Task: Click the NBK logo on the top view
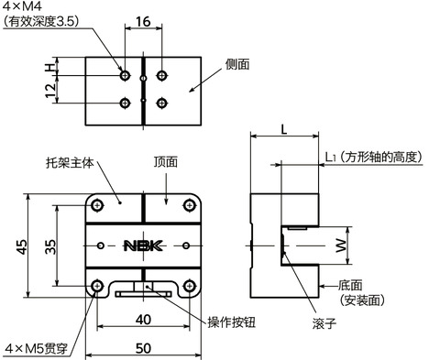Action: click(x=143, y=245)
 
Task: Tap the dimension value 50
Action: click(x=143, y=348)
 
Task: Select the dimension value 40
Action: click(x=143, y=319)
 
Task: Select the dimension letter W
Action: click(x=340, y=245)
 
